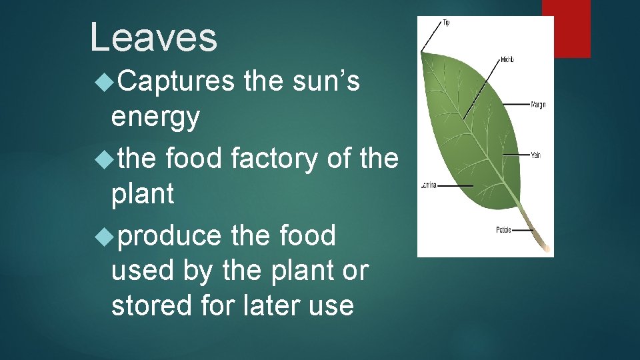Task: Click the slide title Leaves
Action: (x=153, y=37)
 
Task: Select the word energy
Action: (x=155, y=117)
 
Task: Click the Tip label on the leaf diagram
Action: (x=446, y=23)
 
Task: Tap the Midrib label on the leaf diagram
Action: (x=507, y=60)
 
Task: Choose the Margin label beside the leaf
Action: (x=538, y=105)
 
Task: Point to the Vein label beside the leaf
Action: (x=535, y=155)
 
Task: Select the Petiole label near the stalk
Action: (x=503, y=230)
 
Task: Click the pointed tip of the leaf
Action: (x=422, y=53)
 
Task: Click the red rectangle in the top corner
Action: (x=566, y=28)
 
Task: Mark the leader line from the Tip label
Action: (x=431, y=39)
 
